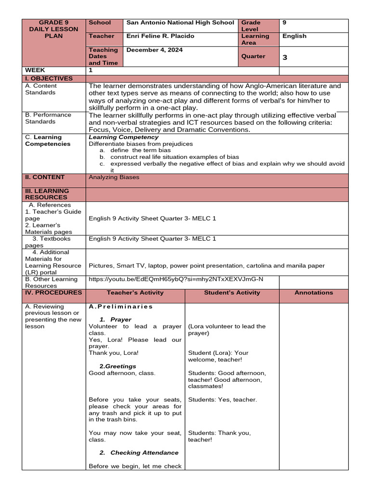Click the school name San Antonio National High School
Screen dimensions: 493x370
click(x=180, y=23)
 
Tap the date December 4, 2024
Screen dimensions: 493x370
click(x=155, y=50)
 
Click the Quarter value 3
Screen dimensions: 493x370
click(x=285, y=57)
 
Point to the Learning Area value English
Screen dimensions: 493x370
click(x=294, y=36)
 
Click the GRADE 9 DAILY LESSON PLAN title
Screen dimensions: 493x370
click(x=53, y=29)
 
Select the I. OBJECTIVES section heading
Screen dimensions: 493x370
click(x=49, y=78)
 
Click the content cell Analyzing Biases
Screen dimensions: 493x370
click(x=114, y=177)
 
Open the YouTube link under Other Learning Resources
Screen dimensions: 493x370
click(x=176, y=279)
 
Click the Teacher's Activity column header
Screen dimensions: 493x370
click(x=135, y=293)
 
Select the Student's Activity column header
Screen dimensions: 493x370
click(x=232, y=293)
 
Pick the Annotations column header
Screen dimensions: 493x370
click(x=314, y=293)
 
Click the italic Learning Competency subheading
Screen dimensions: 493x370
click(x=124, y=138)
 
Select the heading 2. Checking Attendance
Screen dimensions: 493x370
click(x=139, y=453)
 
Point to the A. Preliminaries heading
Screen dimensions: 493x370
click(x=121, y=307)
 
